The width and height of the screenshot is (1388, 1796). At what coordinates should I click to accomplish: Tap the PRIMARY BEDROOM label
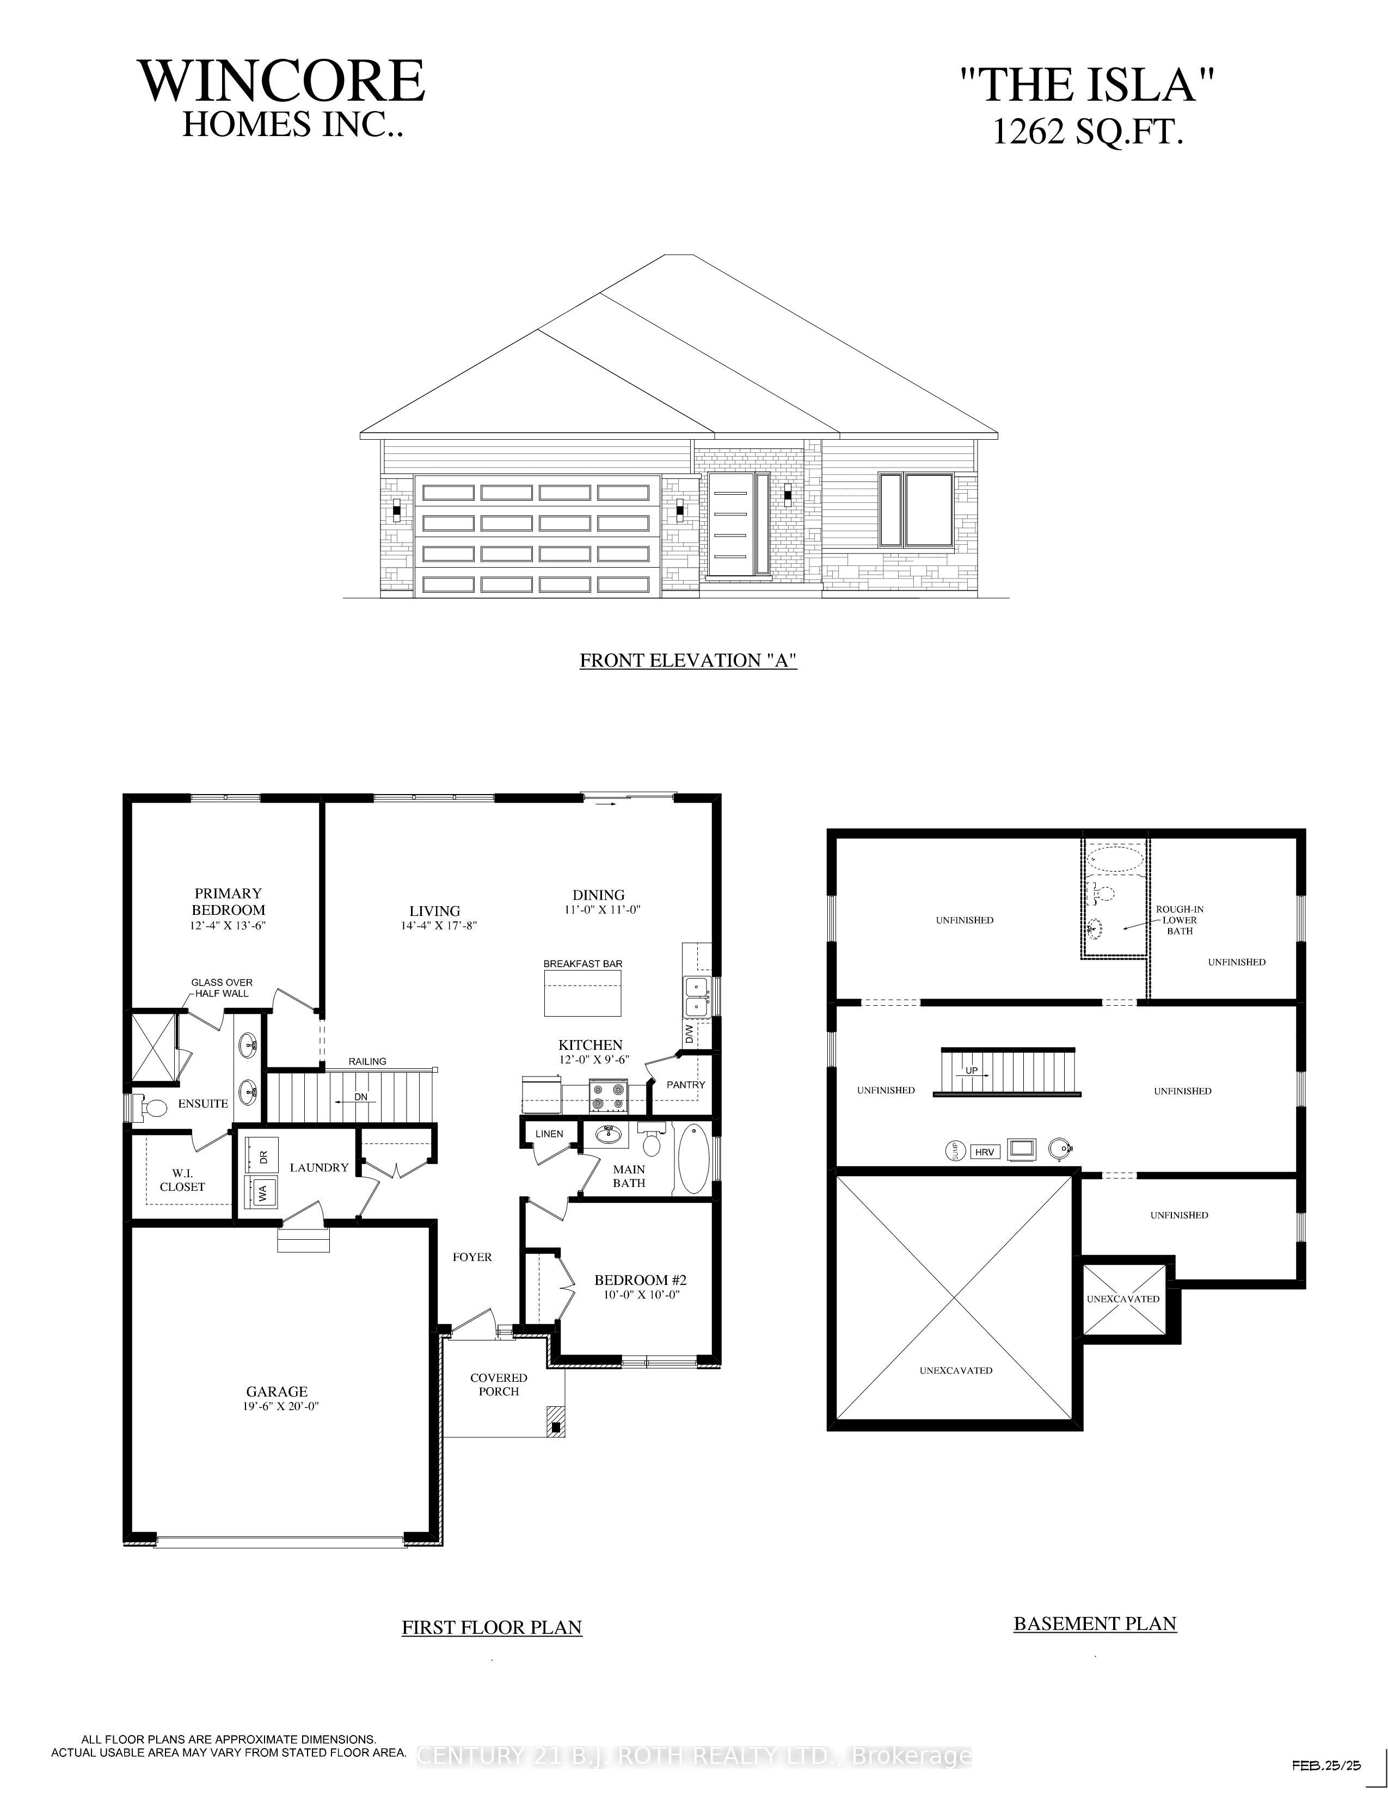(229, 901)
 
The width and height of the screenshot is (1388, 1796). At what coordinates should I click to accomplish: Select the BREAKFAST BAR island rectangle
(582, 993)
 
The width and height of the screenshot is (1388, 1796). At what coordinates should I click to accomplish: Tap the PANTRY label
(686, 1085)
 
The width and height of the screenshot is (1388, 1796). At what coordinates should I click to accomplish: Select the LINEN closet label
(549, 1134)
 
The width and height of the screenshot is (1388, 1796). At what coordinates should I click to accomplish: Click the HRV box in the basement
(984, 1152)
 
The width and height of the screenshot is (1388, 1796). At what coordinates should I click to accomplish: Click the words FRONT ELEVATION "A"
(688, 660)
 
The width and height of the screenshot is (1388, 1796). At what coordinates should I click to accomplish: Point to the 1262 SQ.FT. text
(1088, 132)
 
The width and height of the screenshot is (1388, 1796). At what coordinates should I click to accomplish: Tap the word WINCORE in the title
(282, 82)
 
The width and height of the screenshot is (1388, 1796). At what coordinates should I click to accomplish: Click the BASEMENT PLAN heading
(1095, 1623)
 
